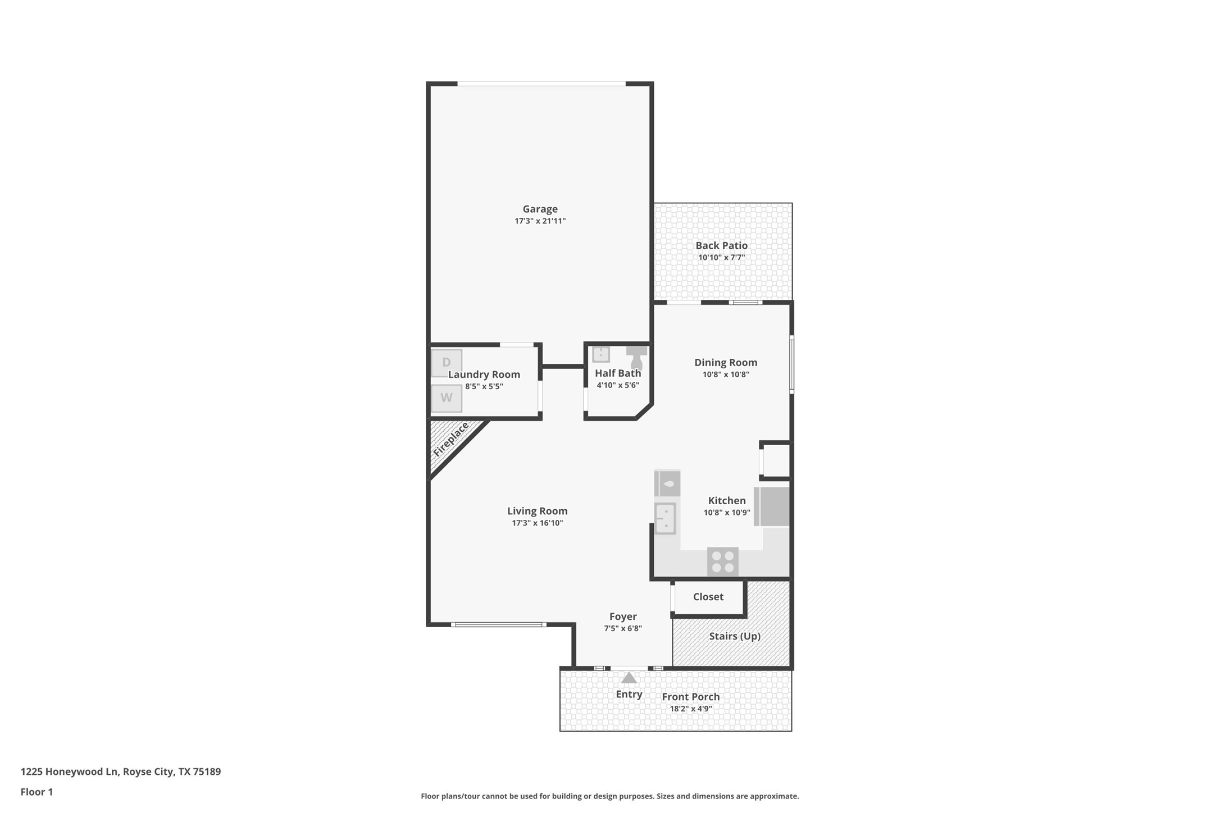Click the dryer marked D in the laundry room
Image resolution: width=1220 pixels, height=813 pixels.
(x=447, y=363)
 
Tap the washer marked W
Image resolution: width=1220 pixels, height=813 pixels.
(x=447, y=398)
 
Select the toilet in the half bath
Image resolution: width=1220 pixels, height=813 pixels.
(x=636, y=357)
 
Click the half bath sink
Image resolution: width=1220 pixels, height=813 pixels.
(x=601, y=354)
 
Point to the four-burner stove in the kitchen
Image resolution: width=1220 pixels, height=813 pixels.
(x=722, y=561)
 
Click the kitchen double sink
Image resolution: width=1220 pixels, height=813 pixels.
(x=665, y=518)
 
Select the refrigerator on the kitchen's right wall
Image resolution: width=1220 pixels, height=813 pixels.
(x=772, y=506)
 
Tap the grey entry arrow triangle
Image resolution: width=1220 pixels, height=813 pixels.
(x=629, y=678)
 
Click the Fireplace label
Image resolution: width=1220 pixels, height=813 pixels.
(x=451, y=439)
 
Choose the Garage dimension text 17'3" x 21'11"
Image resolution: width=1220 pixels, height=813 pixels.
(x=540, y=221)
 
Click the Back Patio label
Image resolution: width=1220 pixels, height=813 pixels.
(x=721, y=245)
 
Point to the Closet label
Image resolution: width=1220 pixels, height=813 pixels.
(x=708, y=597)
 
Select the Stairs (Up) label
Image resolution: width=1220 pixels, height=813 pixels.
(x=734, y=636)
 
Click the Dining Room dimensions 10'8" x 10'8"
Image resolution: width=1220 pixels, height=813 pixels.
(x=726, y=374)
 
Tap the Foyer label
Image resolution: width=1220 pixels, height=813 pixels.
(x=623, y=616)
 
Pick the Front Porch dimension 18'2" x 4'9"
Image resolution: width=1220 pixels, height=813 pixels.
(x=690, y=709)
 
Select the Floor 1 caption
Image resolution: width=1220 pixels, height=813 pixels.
(x=37, y=792)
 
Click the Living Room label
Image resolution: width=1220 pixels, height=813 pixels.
(x=537, y=511)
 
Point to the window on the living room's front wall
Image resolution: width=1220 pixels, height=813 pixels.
(x=498, y=624)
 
